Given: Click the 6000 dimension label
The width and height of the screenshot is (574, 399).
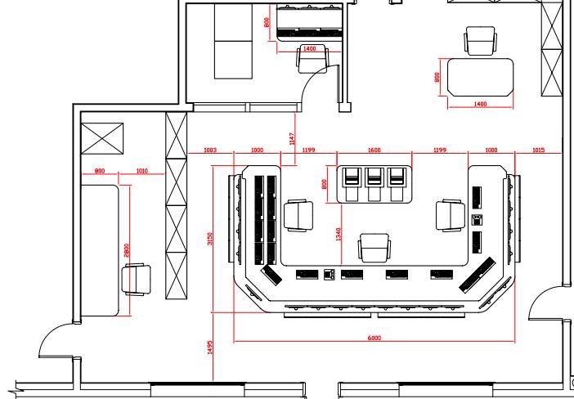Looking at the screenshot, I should [x=374, y=337].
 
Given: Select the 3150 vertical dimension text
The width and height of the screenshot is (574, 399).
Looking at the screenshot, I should [x=209, y=240].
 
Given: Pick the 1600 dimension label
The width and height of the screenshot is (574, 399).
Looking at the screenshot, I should [x=374, y=150].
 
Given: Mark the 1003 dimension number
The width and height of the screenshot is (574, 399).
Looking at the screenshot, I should [x=209, y=150].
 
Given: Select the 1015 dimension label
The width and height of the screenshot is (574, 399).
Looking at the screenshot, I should [x=538, y=150].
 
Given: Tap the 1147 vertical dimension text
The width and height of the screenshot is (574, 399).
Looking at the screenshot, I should [x=292, y=139].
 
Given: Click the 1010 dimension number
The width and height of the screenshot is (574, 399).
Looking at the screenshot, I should [x=141, y=172].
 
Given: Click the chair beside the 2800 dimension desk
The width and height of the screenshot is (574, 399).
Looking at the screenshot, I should [x=137, y=278].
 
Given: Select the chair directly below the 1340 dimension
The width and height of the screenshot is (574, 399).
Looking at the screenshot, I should [x=374, y=248].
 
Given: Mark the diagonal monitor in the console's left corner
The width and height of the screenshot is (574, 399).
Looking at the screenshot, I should [x=271, y=274].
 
